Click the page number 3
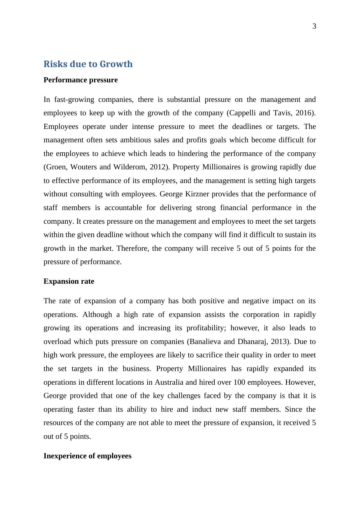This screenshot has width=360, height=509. pos(314,27)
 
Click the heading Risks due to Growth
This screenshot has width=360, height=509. pos(88,64)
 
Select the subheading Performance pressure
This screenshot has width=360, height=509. pos(81,80)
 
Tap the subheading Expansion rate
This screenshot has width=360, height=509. pos(69,282)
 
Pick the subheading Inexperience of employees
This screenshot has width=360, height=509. pos(87,456)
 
